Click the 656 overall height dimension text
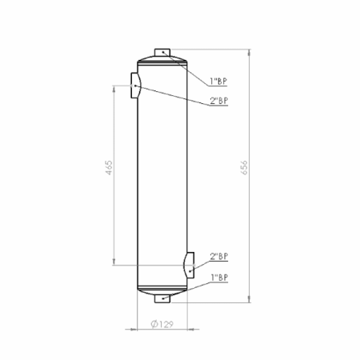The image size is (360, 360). click(244, 167)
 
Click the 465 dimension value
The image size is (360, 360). click(109, 167)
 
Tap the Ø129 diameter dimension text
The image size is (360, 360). click(162, 324)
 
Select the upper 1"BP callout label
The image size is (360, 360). click(218, 81)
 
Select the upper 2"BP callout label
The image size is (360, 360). click(219, 101)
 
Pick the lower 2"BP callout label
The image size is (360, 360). click(219, 256)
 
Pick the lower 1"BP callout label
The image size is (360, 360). click(219, 278)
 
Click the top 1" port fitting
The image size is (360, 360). click(162, 53)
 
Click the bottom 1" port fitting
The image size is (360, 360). click(162, 298)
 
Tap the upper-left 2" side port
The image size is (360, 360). click(135, 86)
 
